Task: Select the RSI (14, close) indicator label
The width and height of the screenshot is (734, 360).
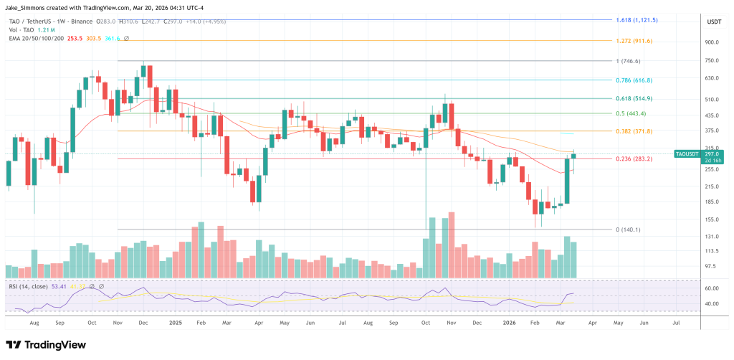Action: (x=29, y=286)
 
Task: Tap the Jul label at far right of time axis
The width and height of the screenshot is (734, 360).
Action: (x=675, y=323)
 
